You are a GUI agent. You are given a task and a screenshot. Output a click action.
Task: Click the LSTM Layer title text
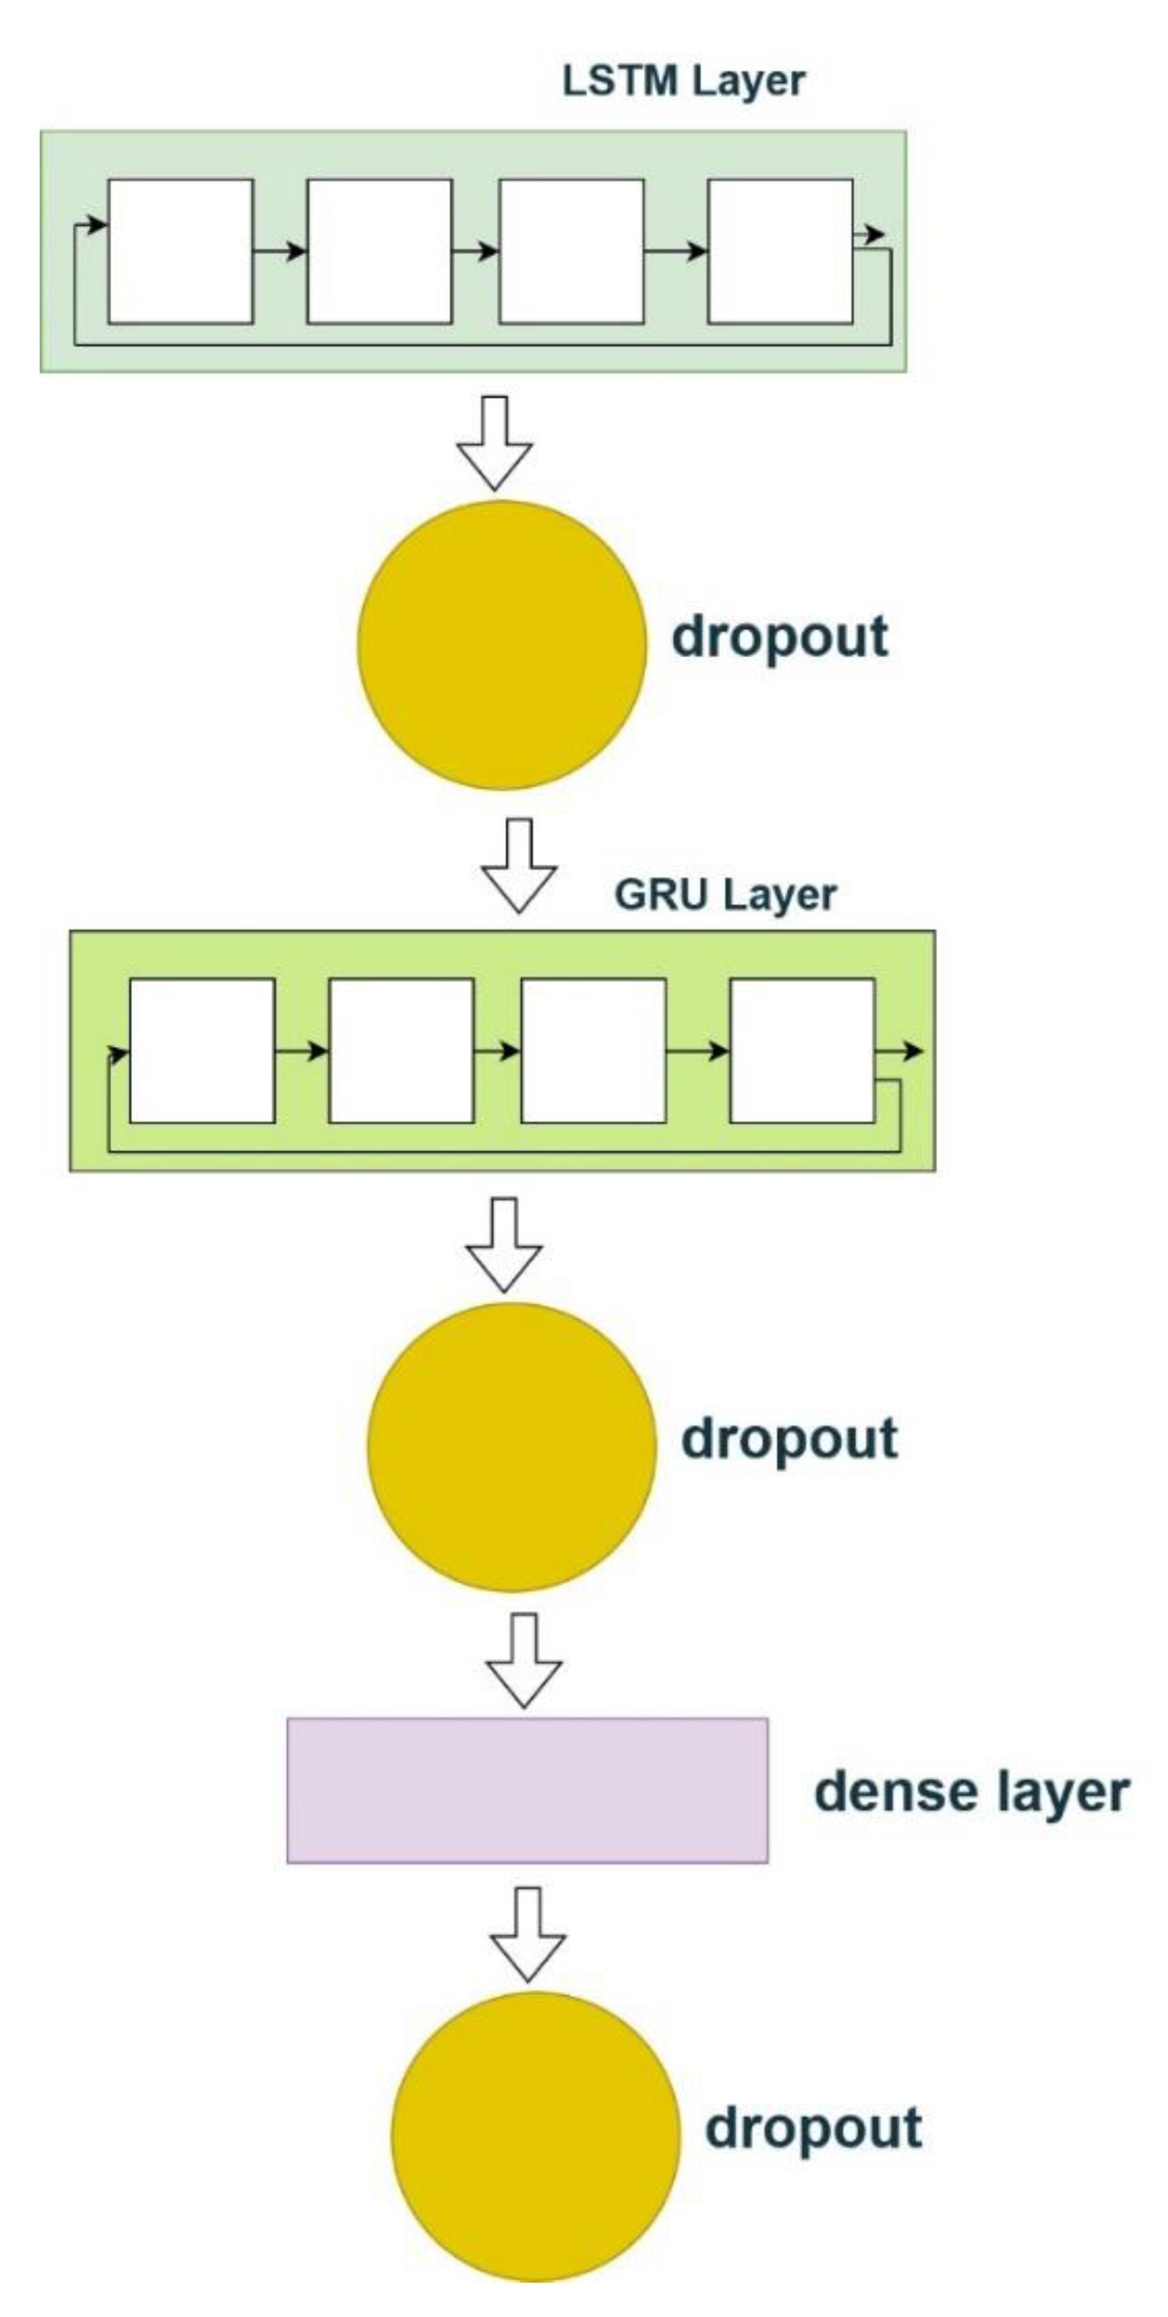point(683,82)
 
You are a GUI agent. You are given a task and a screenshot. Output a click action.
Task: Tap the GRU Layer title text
point(725,895)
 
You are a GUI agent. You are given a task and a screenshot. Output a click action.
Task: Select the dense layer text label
point(971,1792)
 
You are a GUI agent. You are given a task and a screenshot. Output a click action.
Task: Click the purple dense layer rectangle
point(527,1790)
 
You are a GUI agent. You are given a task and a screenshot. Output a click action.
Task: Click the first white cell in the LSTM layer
point(181,251)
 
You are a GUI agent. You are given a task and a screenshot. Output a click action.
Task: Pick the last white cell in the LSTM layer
point(779,251)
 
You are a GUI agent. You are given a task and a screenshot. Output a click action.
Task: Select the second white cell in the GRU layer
point(401,1051)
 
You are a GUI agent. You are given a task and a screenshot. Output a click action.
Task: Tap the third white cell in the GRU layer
point(594,1051)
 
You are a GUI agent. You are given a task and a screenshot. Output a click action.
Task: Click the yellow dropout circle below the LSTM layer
point(502,645)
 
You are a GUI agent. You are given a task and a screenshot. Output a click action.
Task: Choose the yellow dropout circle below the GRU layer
point(511,1446)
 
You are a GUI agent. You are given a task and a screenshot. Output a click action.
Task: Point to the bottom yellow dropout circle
point(536,2136)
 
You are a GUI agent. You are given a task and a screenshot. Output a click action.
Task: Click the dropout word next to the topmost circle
point(779,637)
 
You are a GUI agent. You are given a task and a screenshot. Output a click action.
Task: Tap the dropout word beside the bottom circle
point(813,2129)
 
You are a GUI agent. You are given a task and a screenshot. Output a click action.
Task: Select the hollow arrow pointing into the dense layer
point(524,1661)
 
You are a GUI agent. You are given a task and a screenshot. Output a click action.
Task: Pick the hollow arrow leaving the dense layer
point(528,1934)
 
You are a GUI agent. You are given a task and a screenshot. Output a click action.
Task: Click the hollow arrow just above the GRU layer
point(519,866)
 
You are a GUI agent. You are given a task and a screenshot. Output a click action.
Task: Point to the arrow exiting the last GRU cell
point(899,1051)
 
